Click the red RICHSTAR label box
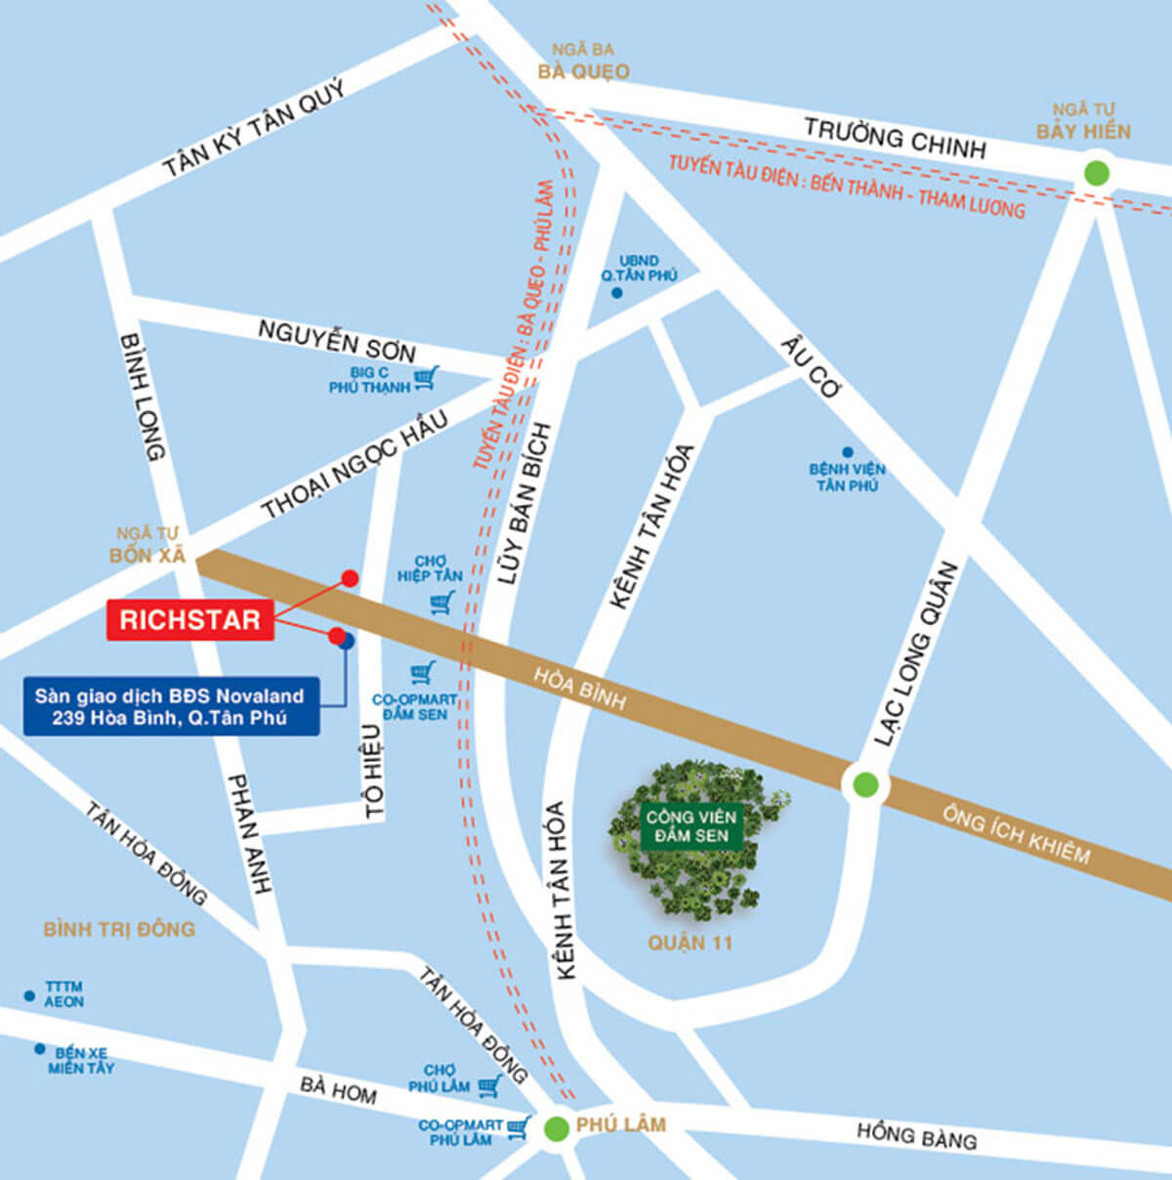tap(189, 619)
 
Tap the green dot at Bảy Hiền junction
tap(1097, 174)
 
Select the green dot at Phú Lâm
tap(557, 1129)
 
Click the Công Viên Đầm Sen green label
tap(691, 825)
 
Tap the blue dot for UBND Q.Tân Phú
tap(616, 292)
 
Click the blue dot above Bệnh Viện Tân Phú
tap(847, 452)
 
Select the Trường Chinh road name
tap(894, 138)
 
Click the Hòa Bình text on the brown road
tap(579, 687)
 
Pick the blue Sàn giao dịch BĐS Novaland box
tap(170, 706)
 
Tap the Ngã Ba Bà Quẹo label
tap(583, 62)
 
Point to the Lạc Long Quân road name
tap(915, 654)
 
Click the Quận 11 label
tap(690, 943)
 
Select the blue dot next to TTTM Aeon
tap(29, 995)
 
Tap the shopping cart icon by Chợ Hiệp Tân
tap(443, 603)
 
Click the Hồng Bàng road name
tap(916, 1134)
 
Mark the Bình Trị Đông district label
tap(119, 928)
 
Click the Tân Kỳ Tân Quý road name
tap(253, 129)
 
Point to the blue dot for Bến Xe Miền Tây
tap(39, 1049)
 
